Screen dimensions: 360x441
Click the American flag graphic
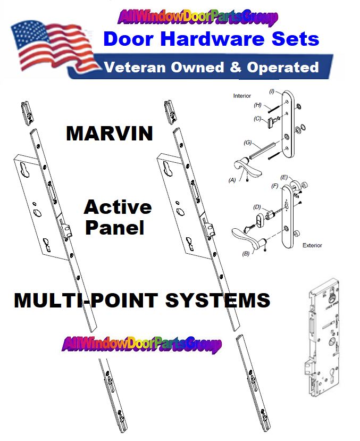[53, 48]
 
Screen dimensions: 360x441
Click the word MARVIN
[110, 134]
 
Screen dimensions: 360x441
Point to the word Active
[118, 207]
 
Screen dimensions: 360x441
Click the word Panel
[115, 228]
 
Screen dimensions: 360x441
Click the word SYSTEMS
[218, 301]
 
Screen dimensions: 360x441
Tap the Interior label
[242, 96]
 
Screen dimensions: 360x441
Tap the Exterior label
[312, 246]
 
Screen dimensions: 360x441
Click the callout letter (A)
[232, 180]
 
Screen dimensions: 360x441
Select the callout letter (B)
[246, 254]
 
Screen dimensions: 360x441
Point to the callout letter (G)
[248, 143]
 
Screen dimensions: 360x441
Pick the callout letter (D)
[257, 207]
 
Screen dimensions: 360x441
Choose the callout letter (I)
[272, 91]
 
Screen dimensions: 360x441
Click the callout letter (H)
[258, 105]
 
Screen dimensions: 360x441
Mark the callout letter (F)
[274, 186]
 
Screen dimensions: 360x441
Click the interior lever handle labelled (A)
[247, 168]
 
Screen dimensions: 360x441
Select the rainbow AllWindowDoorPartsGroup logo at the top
[198, 17]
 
